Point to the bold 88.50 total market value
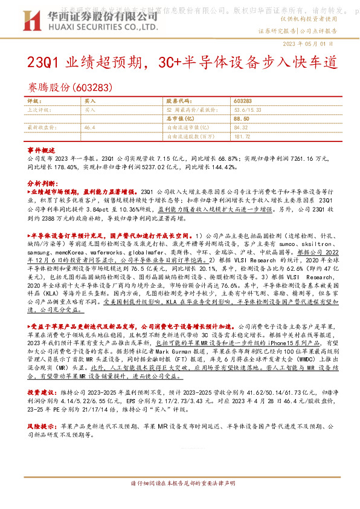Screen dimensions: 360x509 click(x=242, y=119)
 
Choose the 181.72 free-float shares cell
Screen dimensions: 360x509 click(x=242, y=136)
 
